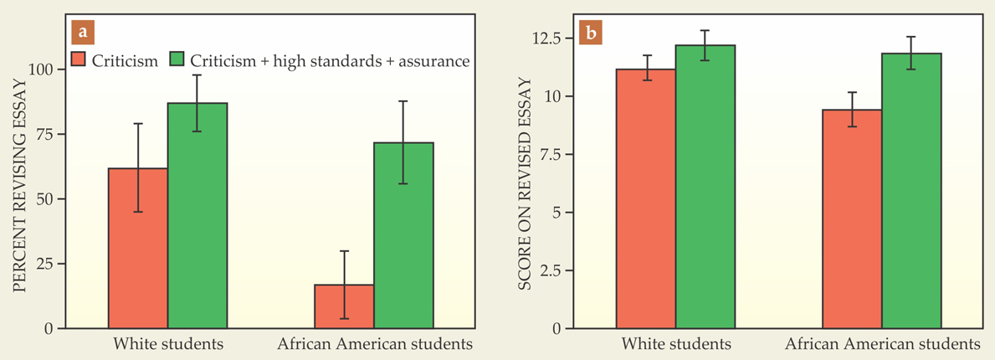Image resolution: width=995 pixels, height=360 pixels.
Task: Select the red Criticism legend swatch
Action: pyautogui.click(x=79, y=60)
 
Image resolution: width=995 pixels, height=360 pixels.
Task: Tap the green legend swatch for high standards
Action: pyautogui.click(x=177, y=60)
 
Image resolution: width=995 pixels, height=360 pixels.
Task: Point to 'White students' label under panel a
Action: pyautogui.click(x=167, y=344)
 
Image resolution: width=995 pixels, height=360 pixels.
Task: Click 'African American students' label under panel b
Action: pyautogui.click(x=883, y=344)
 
